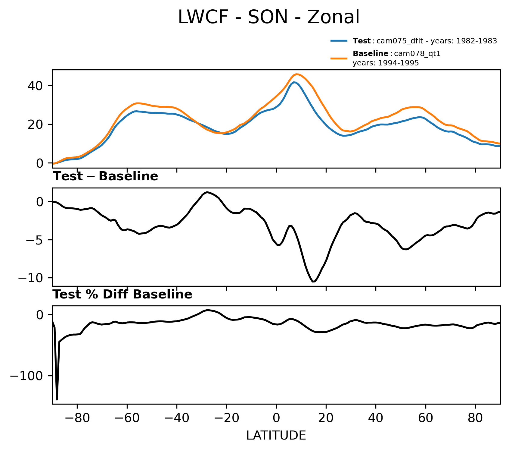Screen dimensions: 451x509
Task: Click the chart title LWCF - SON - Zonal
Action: (268, 17)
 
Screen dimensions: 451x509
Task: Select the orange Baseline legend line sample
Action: (339, 58)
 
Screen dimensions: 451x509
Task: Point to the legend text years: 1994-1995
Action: (386, 63)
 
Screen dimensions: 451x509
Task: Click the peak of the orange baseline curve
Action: (296, 74)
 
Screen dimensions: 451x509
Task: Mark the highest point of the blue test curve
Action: (294, 82)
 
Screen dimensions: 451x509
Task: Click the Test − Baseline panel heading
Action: (105, 176)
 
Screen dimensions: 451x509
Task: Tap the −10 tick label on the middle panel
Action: (31, 278)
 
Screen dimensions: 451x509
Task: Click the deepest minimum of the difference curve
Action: (313, 282)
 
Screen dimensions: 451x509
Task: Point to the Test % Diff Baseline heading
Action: (122, 295)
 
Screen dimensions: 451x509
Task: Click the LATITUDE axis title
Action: (276, 435)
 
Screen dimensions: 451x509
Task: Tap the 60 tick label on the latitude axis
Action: (426, 418)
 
